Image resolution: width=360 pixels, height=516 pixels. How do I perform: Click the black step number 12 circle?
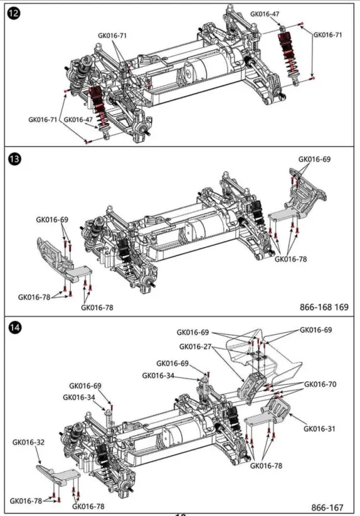click(x=14, y=13)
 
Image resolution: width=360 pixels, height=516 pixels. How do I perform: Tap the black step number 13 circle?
click(x=14, y=159)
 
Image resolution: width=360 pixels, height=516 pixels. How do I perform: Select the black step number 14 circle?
click(x=14, y=328)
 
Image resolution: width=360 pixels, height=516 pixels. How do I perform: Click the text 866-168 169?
click(x=324, y=307)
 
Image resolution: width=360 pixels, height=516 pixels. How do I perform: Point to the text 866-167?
click(x=327, y=508)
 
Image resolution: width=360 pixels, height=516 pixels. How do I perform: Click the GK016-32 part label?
click(x=28, y=442)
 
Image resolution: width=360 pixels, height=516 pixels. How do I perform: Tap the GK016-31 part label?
click(x=319, y=429)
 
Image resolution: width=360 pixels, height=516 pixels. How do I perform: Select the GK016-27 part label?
click(x=195, y=347)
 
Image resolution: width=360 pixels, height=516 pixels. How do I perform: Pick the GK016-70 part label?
click(x=320, y=384)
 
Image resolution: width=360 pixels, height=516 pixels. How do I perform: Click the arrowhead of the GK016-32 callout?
click(x=40, y=463)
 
